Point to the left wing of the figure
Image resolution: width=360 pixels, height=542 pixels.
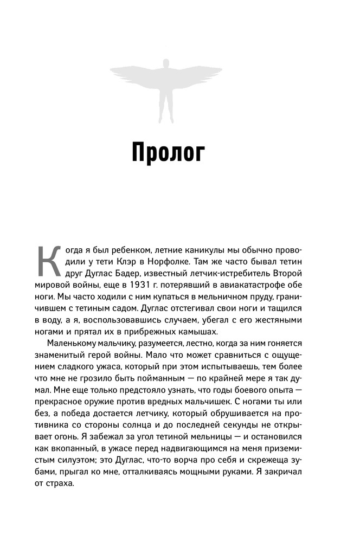pyautogui.click(x=136, y=74)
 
